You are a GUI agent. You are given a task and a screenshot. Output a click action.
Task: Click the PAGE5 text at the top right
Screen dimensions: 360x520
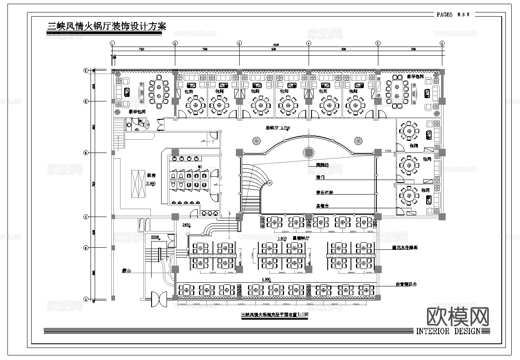[x=444, y=15]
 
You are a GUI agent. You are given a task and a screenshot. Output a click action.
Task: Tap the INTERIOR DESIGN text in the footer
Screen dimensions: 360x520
[x=448, y=331]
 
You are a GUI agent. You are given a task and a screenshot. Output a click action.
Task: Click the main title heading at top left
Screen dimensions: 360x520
[x=107, y=26]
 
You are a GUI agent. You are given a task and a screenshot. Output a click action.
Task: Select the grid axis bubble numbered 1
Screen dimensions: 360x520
[x=112, y=43]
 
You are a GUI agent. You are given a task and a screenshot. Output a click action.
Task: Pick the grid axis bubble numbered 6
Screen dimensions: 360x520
[x=442, y=43]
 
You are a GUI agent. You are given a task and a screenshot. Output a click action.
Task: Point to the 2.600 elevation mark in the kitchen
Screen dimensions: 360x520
[x=151, y=183]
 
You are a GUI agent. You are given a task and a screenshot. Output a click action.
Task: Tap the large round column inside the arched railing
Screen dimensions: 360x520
[x=308, y=152]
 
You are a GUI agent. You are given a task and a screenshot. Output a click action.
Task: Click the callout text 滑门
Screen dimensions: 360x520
[x=320, y=178]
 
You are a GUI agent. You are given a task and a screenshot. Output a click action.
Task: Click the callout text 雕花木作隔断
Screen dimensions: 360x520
[x=405, y=247]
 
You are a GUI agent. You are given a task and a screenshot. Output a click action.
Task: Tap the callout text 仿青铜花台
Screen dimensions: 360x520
[x=406, y=284]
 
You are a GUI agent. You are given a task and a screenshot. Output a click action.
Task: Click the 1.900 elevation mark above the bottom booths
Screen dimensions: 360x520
[x=267, y=279]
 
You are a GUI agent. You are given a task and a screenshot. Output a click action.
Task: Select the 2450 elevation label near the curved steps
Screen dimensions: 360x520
[x=186, y=225]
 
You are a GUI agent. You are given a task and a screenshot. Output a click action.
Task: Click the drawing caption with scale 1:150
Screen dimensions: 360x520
[x=275, y=315]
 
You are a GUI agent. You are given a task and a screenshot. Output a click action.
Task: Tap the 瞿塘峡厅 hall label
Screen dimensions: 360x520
[x=301, y=238]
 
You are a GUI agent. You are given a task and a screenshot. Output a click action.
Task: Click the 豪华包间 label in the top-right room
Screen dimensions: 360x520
[x=415, y=77]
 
